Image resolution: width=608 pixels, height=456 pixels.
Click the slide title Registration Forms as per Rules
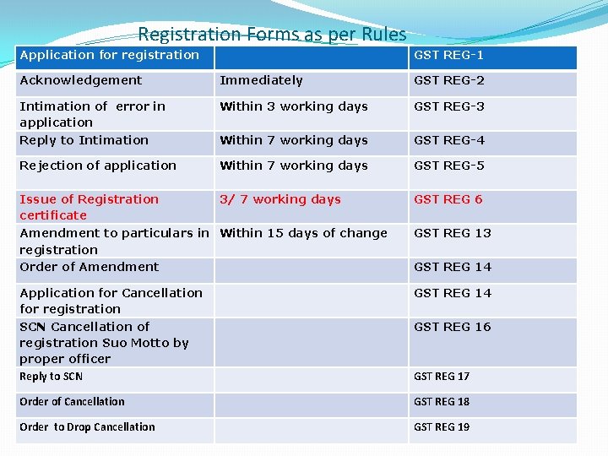coord(272,35)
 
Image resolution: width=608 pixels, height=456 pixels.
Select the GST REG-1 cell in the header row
coord(448,55)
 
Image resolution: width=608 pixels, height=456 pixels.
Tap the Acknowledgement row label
coord(81,80)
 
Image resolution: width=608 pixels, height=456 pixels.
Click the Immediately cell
coord(261,80)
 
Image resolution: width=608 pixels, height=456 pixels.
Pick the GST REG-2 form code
coord(449,80)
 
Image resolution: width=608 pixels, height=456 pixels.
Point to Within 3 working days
coord(294,106)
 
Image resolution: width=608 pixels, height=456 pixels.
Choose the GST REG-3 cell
coord(449,106)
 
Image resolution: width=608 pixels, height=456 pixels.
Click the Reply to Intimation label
coord(84,140)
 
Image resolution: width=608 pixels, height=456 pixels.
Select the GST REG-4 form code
coord(449,140)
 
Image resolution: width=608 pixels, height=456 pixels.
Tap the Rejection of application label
coord(98,166)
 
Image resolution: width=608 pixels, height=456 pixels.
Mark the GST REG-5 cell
coord(449,166)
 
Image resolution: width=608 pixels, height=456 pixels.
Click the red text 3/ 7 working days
coord(280,199)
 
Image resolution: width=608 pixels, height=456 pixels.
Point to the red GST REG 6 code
coord(448,199)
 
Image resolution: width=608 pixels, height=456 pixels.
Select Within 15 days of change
coord(303,233)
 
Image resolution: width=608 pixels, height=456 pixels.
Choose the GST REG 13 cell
coord(452,233)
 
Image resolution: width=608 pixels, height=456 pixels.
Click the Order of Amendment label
coord(89,267)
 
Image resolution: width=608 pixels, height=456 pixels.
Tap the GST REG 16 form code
coord(452,327)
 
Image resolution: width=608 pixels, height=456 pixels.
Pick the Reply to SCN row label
coord(51,377)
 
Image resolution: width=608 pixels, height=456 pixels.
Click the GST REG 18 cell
coord(442,402)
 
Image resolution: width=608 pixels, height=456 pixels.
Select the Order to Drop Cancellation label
coord(87,427)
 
